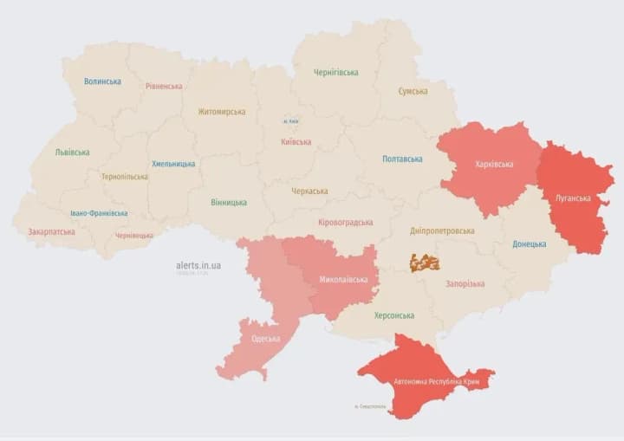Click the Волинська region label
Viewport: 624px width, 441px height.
pyautogui.click(x=102, y=81)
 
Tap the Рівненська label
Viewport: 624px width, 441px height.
pyautogui.click(x=164, y=87)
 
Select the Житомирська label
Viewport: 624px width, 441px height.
pyautogui.click(x=221, y=112)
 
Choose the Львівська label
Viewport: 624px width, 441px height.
pyautogui.click(x=72, y=152)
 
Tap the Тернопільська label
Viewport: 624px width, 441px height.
pyautogui.click(x=124, y=177)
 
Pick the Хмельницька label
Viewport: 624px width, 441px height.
pyautogui.click(x=173, y=164)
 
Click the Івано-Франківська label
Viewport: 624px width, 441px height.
pyautogui.click(x=99, y=213)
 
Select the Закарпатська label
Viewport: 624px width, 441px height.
pyautogui.click(x=51, y=232)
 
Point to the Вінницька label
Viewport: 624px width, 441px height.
pyautogui.click(x=228, y=203)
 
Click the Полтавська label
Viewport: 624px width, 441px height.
pyautogui.click(x=402, y=159)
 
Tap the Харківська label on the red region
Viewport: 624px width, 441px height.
pyautogui.click(x=494, y=165)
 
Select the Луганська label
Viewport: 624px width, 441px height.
pyautogui.click(x=575, y=198)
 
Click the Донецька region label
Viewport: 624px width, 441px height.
pyautogui.click(x=529, y=244)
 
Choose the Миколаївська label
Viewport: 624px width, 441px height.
pyautogui.click(x=343, y=280)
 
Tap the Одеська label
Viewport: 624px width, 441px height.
pyautogui.click(x=265, y=339)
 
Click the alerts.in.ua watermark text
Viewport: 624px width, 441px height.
pyautogui.click(x=198, y=265)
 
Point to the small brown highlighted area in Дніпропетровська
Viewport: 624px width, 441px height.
pyautogui.click(x=425, y=263)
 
